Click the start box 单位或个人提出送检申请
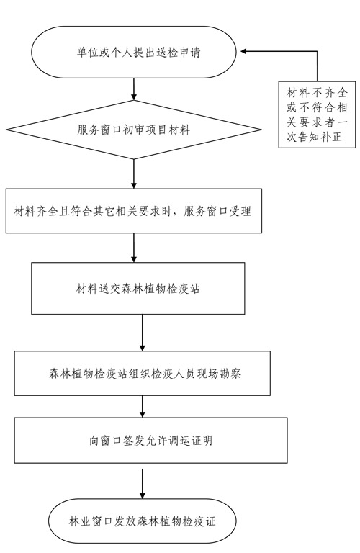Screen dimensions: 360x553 (x=134, y=52)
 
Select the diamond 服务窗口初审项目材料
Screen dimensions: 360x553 (x=134, y=130)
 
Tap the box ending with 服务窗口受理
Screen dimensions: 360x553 (x=134, y=211)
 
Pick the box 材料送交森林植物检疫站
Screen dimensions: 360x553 (x=138, y=289)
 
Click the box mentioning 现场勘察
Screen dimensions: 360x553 (x=142, y=373)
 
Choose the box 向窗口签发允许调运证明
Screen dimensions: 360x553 (x=150, y=441)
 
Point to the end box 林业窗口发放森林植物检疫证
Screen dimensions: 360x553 (x=142, y=521)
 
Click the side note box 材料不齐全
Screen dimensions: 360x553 (x=317, y=114)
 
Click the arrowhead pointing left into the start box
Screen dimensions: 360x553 (x=243, y=52)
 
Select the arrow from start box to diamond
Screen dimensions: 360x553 (x=134, y=89)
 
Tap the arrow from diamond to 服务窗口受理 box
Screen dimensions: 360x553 (x=134, y=174)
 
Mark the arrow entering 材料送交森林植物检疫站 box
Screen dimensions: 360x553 (x=134, y=248)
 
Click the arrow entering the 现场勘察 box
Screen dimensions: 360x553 (x=142, y=333)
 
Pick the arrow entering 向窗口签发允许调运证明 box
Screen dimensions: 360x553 (x=142, y=407)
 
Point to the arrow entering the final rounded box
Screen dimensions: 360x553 (x=142, y=484)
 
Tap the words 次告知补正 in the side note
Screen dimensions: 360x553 (x=314, y=137)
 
